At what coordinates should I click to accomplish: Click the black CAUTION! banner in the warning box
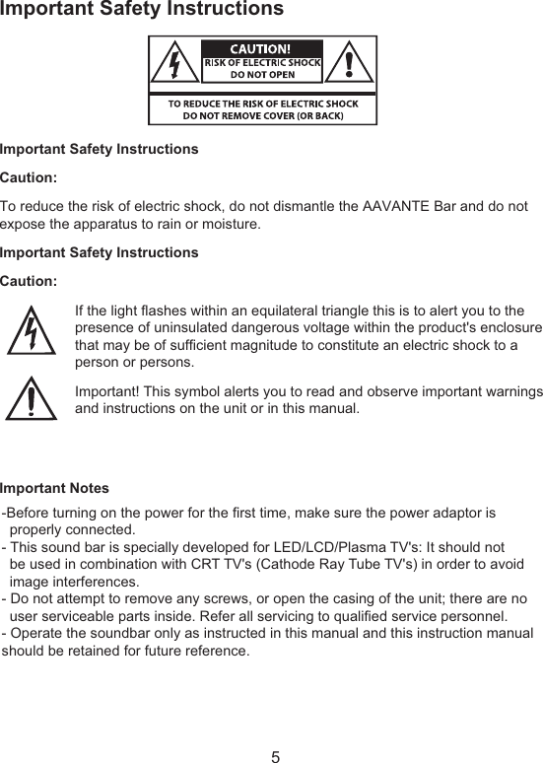(x=261, y=49)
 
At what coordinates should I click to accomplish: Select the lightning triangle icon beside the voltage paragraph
(x=32, y=331)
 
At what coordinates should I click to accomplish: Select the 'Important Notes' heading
(x=55, y=489)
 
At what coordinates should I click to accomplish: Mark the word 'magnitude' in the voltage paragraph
(x=254, y=345)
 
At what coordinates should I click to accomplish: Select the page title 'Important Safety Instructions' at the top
(x=142, y=10)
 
